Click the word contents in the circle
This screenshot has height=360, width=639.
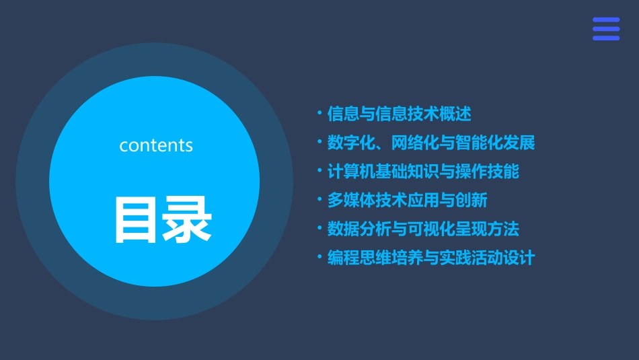[156, 145]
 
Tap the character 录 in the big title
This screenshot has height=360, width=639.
[186, 219]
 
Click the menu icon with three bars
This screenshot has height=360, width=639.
[606, 29]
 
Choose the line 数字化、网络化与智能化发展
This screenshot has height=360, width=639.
[430, 143]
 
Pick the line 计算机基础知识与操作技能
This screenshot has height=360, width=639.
[423, 172]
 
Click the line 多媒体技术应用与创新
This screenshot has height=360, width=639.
[407, 201]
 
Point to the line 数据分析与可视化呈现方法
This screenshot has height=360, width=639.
[423, 229]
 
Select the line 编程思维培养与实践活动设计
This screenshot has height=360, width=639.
[430, 258]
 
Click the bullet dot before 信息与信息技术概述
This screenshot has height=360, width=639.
[319, 113]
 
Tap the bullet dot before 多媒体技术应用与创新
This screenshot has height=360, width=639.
[319, 200]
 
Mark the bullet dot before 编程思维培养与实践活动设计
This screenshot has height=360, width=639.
[319, 258]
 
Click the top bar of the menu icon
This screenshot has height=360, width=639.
[606, 20]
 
